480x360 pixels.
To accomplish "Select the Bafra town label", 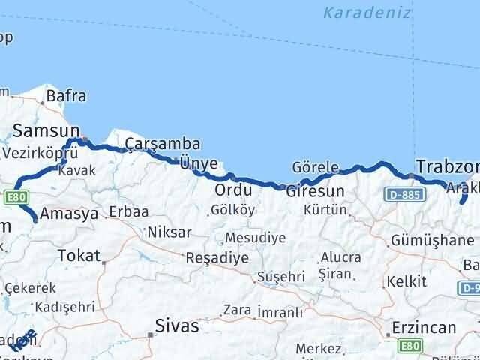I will click(x=66, y=96).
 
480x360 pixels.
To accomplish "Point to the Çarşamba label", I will click(x=152, y=143).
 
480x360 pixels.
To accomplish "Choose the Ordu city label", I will click(x=228, y=189).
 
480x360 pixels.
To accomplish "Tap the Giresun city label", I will click(x=315, y=191).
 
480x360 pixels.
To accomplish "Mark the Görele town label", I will click(x=315, y=168).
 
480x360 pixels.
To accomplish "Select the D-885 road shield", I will click(x=406, y=195).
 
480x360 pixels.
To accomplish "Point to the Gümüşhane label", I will click(x=432, y=241).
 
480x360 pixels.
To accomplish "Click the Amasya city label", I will click(x=69, y=214).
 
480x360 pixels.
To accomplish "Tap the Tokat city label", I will click(x=79, y=256).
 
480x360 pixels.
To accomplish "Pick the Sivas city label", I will click(x=177, y=325).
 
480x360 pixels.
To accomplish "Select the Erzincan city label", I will click(x=424, y=328).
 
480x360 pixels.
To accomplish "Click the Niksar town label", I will click(x=169, y=232).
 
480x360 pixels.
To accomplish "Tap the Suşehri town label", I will click(x=279, y=276).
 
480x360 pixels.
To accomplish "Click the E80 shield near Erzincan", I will click(x=409, y=346).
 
